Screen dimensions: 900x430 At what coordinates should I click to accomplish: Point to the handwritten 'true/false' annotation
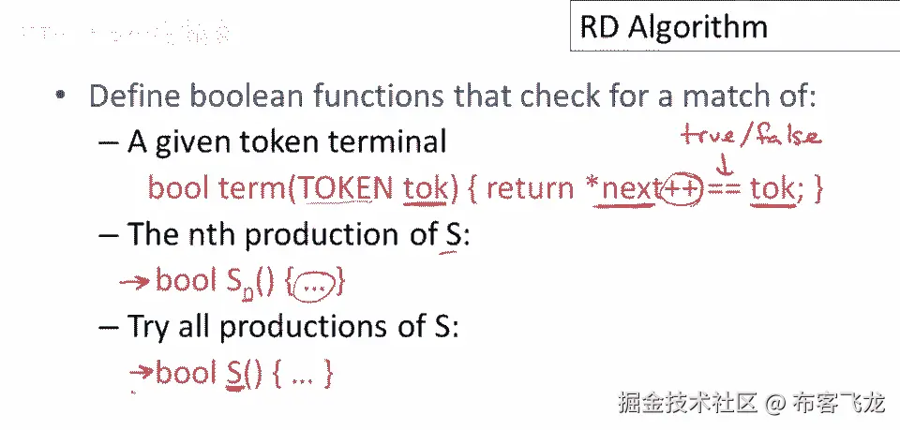point(751,136)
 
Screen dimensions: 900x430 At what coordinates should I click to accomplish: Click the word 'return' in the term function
point(530,188)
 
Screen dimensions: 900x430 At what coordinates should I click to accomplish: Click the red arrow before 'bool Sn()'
point(137,280)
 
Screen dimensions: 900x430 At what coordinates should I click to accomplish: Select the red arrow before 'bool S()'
point(141,372)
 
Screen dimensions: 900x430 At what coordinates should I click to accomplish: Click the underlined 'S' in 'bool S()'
point(234,373)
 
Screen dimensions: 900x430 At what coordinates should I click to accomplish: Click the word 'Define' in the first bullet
point(131,96)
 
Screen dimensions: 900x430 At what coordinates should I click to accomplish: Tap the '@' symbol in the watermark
point(773,404)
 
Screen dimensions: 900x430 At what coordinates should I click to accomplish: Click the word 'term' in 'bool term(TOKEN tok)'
point(251,188)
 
